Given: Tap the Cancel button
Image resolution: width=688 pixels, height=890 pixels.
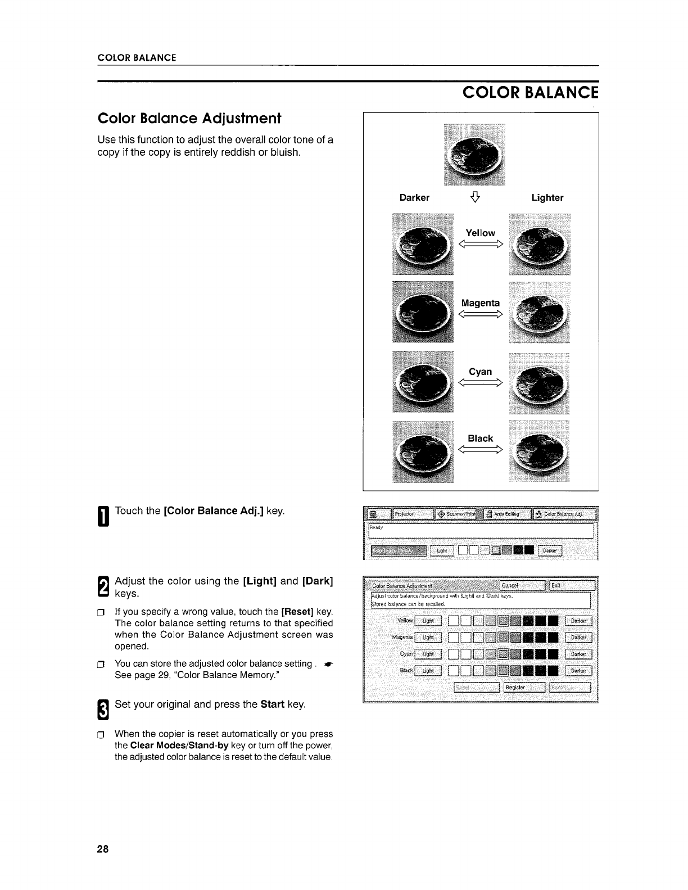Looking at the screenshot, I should click(x=522, y=585).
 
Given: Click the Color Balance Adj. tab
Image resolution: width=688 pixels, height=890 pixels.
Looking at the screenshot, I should click(x=564, y=514).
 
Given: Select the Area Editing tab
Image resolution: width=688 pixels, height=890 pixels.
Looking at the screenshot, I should click(x=506, y=514).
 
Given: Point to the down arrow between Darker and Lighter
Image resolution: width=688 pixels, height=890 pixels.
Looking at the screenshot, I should click(x=476, y=197).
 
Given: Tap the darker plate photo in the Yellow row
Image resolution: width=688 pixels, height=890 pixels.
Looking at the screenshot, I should click(x=423, y=245).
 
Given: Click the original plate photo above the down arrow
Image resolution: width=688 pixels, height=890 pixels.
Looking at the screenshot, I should click(x=474, y=154).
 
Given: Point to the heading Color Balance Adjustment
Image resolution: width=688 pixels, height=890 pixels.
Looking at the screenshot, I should click(x=189, y=119).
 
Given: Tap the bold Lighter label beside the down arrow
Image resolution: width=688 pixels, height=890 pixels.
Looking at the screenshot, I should click(x=547, y=197).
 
